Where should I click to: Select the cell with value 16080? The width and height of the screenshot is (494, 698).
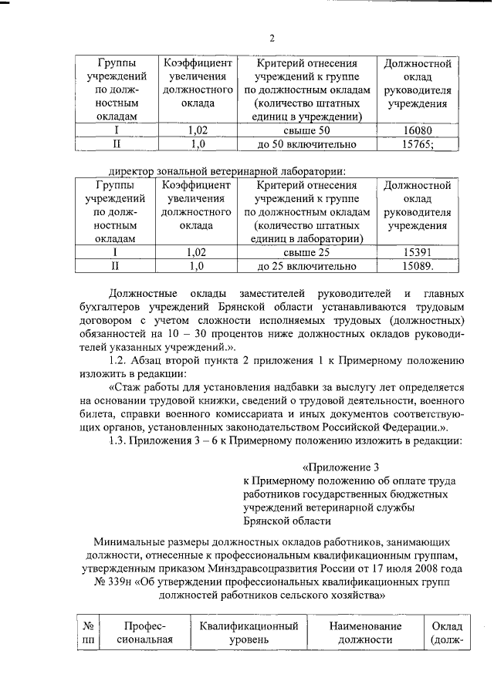pos(422,130)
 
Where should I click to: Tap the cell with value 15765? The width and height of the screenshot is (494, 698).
pos(422,143)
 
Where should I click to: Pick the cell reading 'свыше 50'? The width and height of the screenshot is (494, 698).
pos(307,130)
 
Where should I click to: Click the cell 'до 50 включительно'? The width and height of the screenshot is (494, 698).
pos(307,143)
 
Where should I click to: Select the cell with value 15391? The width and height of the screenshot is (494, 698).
pos(422,252)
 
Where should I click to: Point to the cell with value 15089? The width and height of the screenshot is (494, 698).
pos(422,266)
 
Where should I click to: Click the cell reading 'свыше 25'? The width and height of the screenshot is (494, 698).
pos(307,252)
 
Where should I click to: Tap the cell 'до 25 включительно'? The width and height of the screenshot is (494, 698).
pos(307,266)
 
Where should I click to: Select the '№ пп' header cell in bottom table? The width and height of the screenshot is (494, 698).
pos(87,633)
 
